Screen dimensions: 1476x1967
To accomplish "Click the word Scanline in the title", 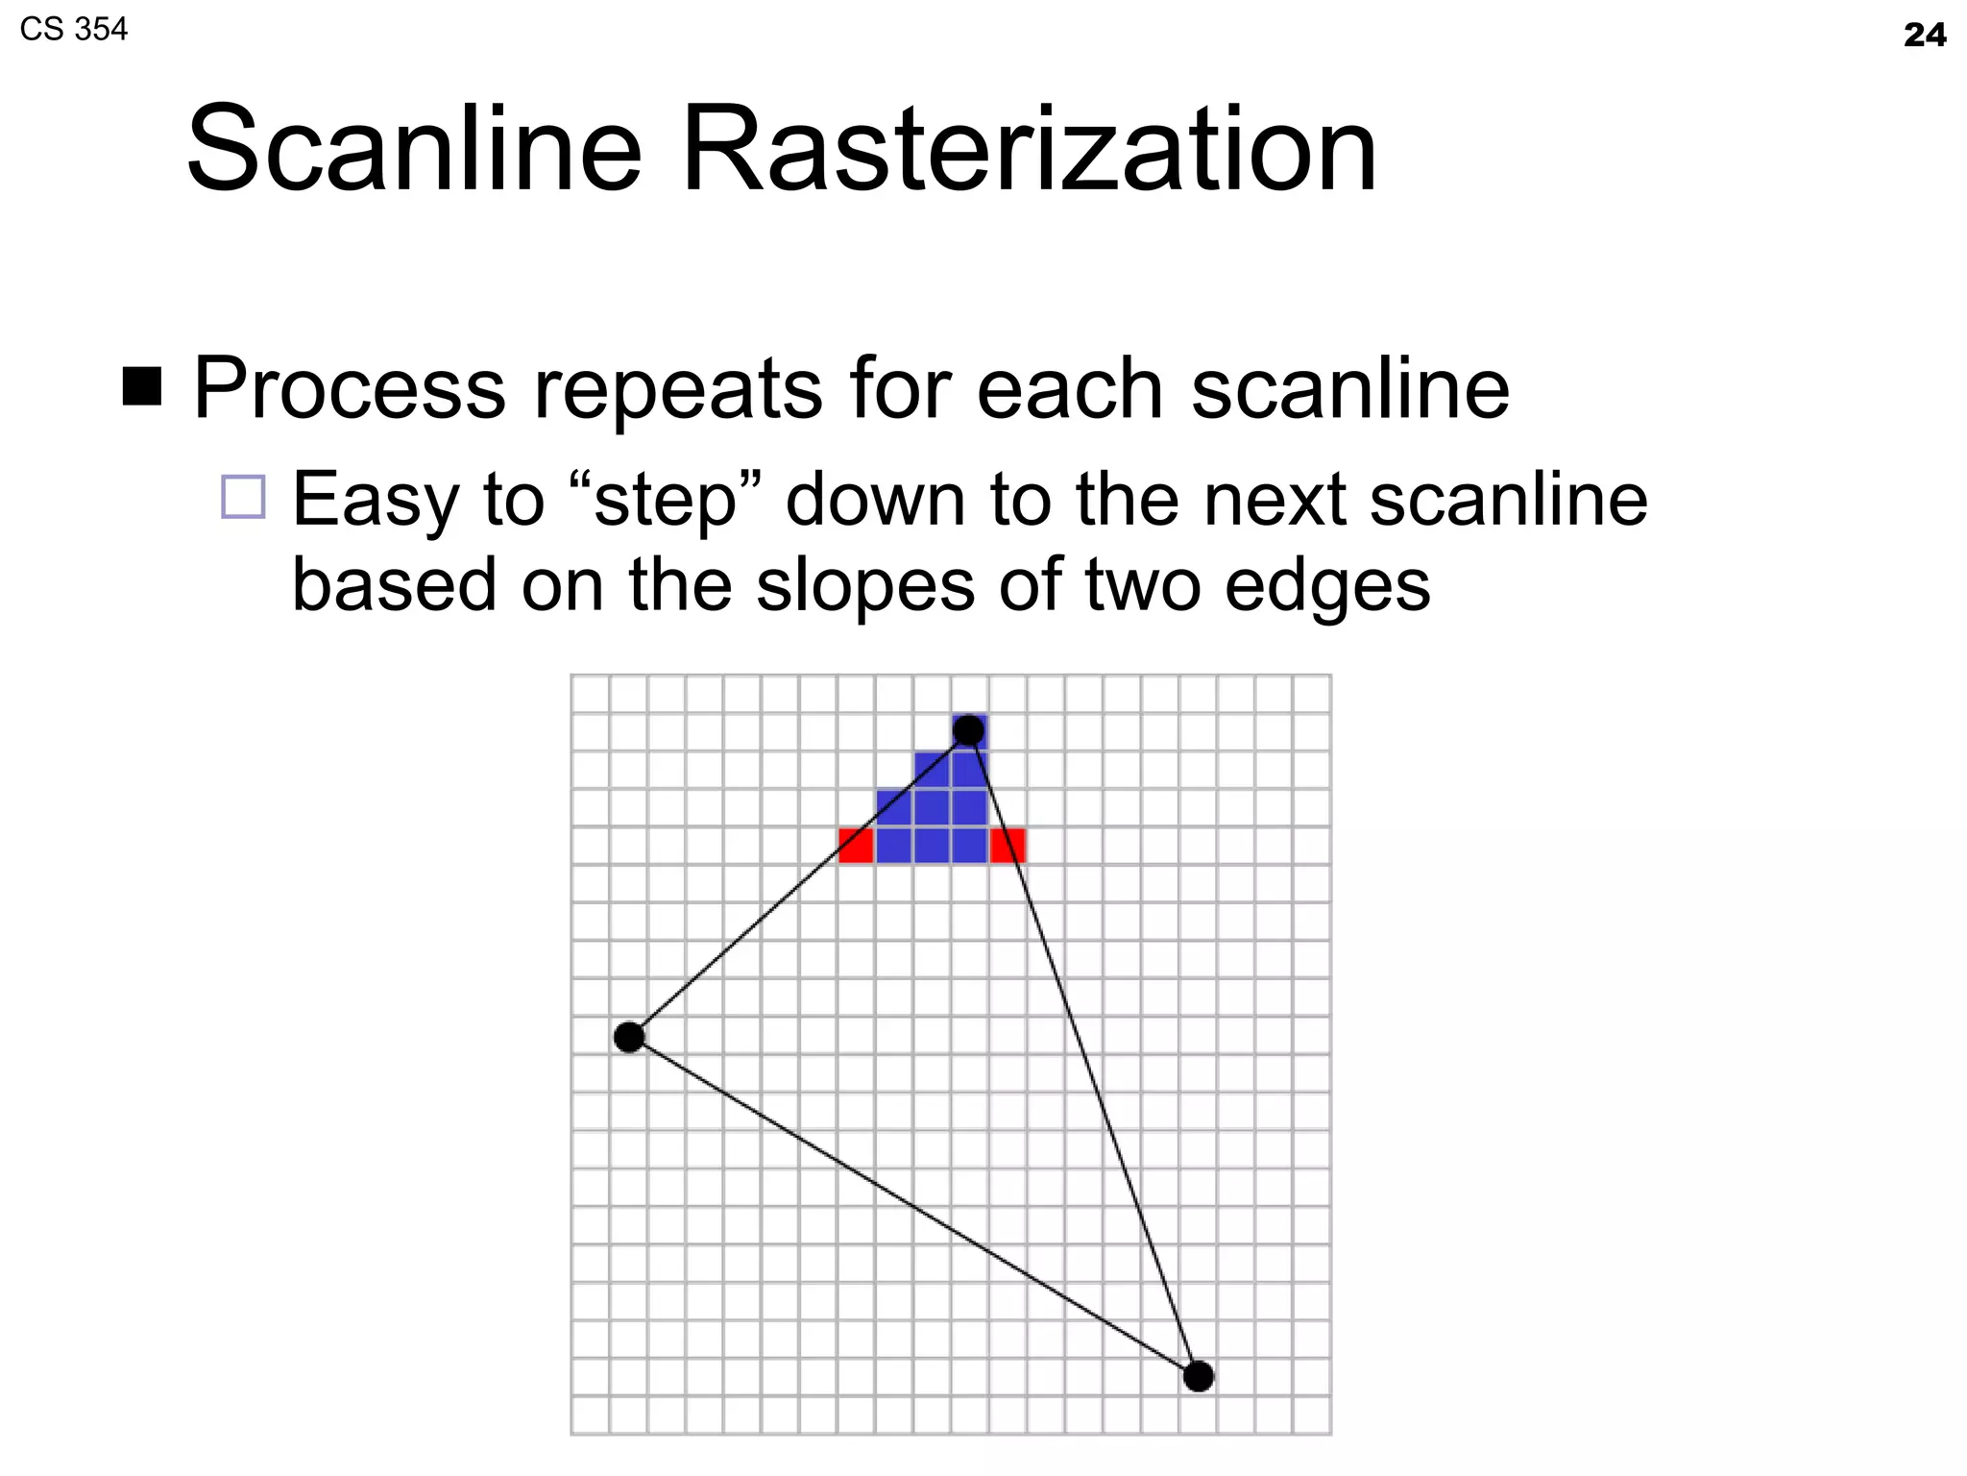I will (x=414, y=151).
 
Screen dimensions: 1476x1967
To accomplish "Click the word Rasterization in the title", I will (x=1029, y=151).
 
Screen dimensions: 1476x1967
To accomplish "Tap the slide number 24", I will (x=1924, y=36).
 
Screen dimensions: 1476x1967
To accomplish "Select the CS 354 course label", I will (x=73, y=30).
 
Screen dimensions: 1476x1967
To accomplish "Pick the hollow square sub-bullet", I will (x=243, y=497).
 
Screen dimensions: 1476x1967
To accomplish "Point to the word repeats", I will (x=678, y=389).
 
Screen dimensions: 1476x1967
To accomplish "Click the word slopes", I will (x=865, y=585).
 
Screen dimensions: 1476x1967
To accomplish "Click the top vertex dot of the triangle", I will (x=968, y=730).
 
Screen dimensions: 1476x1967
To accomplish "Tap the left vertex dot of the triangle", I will (x=629, y=1037).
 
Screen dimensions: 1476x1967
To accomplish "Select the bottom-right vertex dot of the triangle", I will (x=1198, y=1376).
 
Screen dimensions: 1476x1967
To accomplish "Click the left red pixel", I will (x=855, y=846).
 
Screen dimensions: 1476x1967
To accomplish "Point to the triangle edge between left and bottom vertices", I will (x=912, y=1206).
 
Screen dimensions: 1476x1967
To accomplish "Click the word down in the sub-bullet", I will (x=875, y=501).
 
